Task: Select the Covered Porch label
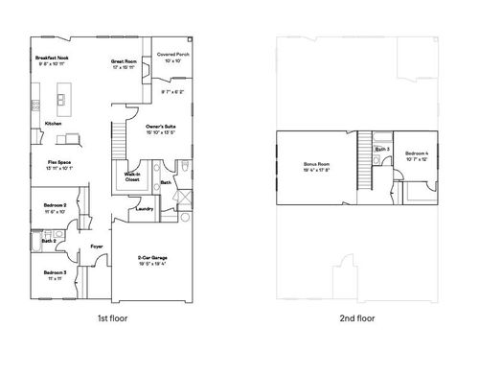pos(172,55)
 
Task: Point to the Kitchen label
pos(54,124)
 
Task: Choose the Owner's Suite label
pos(160,127)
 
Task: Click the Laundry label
pos(146,208)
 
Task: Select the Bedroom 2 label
pos(55,205)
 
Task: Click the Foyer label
pos(97,247)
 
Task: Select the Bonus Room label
pos(316,165)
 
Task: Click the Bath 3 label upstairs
pos(381,150)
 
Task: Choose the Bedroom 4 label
pos(418,153)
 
